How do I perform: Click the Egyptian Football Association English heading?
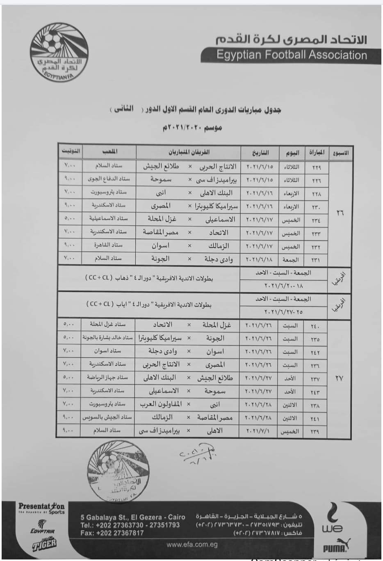(292, 55)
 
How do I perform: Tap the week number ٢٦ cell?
(340, 213)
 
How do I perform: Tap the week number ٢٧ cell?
(339, 378)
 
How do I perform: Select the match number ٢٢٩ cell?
(316, 167)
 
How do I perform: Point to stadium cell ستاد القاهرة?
(109, 245)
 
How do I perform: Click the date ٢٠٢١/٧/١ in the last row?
(259, 431)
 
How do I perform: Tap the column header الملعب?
(109, 152)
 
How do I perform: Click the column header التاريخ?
(260, 152)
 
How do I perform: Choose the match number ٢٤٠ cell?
(316, 326)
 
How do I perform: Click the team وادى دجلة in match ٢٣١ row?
(219, 259)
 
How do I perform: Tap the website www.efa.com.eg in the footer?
(192, 545)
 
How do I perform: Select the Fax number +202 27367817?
(112, 533)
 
